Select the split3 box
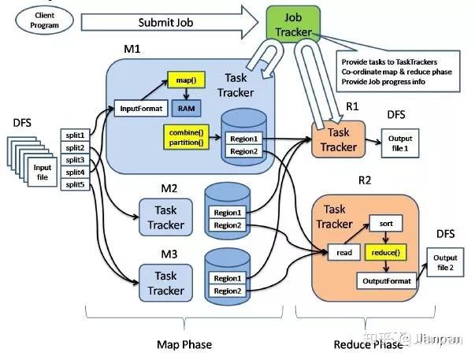point(76,160)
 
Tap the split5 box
point(76,185)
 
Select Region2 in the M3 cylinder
point(228,291)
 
